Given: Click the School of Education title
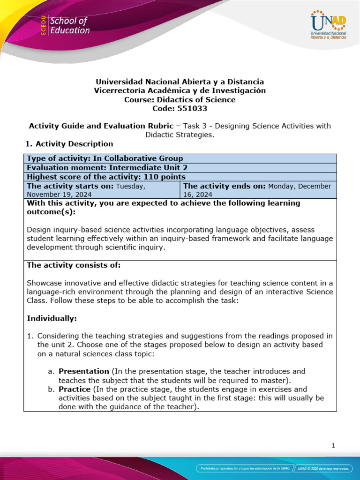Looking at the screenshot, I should [69, 26].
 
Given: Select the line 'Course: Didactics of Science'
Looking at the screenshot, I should [180, 99].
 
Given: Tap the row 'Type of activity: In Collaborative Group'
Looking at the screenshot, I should [105, 158].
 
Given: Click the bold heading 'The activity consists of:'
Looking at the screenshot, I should [74, 265].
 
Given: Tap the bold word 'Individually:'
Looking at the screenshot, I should [52, 318].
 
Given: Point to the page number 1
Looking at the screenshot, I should [333, 445].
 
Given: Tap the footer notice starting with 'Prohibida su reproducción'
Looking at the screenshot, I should [245, 468].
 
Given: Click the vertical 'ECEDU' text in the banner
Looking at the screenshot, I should [43, 26].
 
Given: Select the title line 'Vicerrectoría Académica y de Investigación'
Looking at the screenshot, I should [180, 90].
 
